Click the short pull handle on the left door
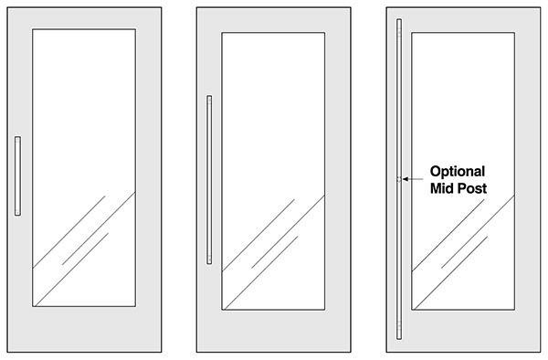17,175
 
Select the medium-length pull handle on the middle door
209,180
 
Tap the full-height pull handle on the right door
399,179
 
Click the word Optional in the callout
458,172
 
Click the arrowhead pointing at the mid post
406,179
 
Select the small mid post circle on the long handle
399,179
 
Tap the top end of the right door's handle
399,19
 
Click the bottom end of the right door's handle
399,339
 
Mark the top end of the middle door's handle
209,95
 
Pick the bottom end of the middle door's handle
209,264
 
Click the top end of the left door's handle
17,137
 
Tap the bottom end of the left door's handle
17,216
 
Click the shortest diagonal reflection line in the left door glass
85,249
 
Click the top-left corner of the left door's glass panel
33,29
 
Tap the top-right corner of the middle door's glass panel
325,33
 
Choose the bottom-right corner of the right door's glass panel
514,310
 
